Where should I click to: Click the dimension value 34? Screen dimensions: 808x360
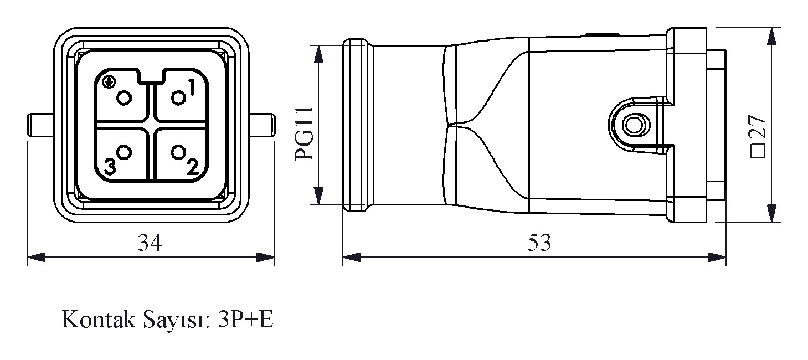point(150,243)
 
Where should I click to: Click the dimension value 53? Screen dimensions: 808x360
point(539,243)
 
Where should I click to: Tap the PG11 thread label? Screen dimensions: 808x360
point(304,133)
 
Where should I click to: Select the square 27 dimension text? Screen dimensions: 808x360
point(758,136)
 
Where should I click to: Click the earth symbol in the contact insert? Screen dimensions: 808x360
point(109,82)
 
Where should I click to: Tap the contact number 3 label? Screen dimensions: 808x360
point(110,167)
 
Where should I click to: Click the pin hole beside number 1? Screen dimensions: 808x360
point(178,98)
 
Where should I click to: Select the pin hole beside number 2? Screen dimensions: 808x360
point(178,152)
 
